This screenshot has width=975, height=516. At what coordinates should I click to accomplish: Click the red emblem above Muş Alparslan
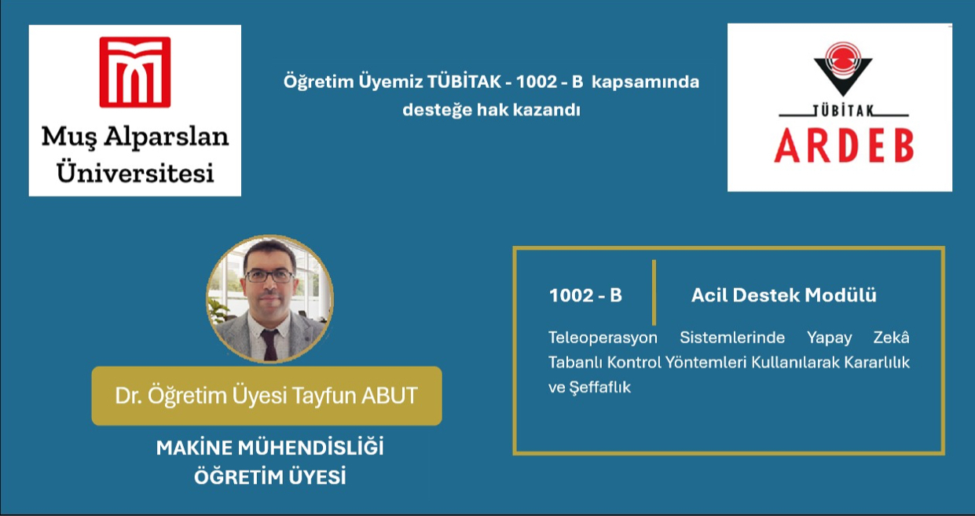click(135, 71)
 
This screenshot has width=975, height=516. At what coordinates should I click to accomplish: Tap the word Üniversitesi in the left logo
click(135, 170)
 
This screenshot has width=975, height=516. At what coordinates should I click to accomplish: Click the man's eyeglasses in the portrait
click(269, 276)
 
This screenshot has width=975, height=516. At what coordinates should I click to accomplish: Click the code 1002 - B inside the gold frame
click(585, 295)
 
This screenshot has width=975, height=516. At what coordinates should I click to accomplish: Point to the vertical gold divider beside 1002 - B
click(654, 292)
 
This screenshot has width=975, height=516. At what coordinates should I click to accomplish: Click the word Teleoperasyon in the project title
click(603, 338)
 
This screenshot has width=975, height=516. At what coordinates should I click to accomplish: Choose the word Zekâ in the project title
click(891, 338)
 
